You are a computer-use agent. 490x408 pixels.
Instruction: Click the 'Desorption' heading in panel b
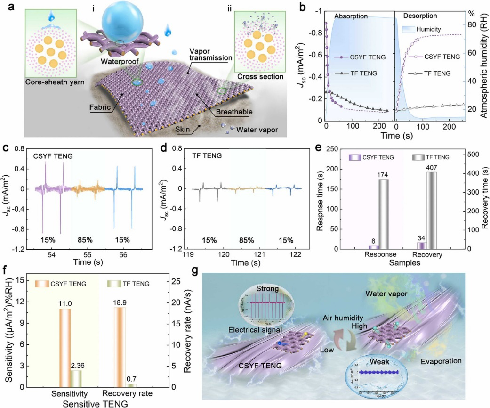(415, 16)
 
